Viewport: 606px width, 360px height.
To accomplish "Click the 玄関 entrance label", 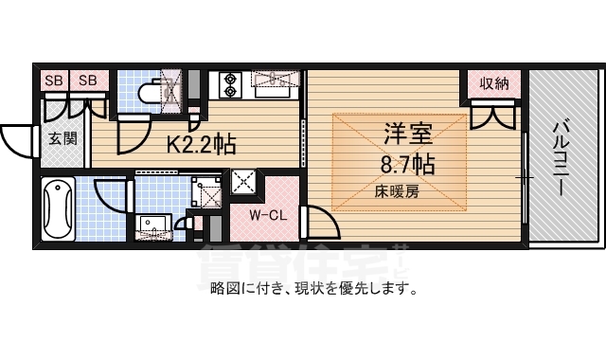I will click(62, 138).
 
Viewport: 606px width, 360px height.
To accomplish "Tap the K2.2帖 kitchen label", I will click(202, 145).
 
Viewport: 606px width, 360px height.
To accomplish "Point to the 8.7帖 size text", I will click(408, 165).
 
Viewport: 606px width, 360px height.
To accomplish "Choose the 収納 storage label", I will click(493, 83).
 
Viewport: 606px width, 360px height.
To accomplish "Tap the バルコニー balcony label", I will click(560, 156).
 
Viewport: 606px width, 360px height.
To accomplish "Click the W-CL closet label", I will click(269, 214).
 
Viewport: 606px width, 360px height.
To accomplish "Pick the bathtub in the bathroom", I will click(58, 209).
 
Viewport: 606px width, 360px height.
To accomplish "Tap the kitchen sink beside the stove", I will click(273, 85).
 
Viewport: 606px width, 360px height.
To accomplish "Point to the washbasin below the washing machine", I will click(152, 226).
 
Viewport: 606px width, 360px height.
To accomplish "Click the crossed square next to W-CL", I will click(243, 181).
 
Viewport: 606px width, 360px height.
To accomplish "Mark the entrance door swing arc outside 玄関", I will click(17, 141).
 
